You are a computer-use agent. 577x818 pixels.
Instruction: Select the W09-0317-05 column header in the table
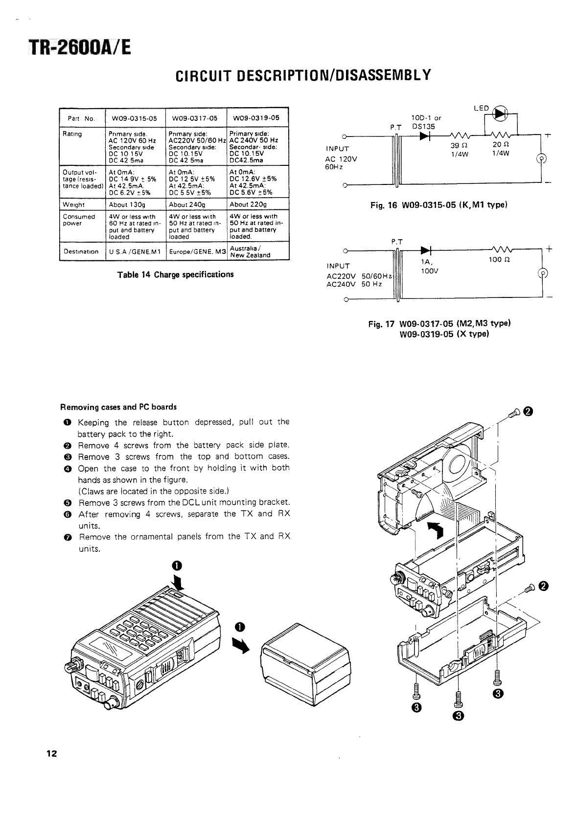pos(196,118)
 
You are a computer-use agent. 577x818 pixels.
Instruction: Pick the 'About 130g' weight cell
pos(127,204)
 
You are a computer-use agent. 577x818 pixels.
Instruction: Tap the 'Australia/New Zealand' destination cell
pos(250,251)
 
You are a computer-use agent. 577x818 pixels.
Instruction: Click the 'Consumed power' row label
pos(79,220)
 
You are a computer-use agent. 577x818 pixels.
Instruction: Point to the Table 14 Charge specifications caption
pos(175,274)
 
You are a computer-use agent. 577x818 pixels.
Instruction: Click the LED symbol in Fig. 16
pos(500,114)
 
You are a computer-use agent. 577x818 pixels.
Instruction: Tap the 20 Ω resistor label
pos(500,145)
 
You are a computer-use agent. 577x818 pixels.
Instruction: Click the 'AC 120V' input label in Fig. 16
pos(341,159)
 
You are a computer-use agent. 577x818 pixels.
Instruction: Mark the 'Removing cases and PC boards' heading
pos(118,407)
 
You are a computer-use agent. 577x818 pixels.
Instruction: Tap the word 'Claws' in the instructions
pos(92,491)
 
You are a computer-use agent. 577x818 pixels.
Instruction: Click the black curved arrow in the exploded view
pos(437,529)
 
